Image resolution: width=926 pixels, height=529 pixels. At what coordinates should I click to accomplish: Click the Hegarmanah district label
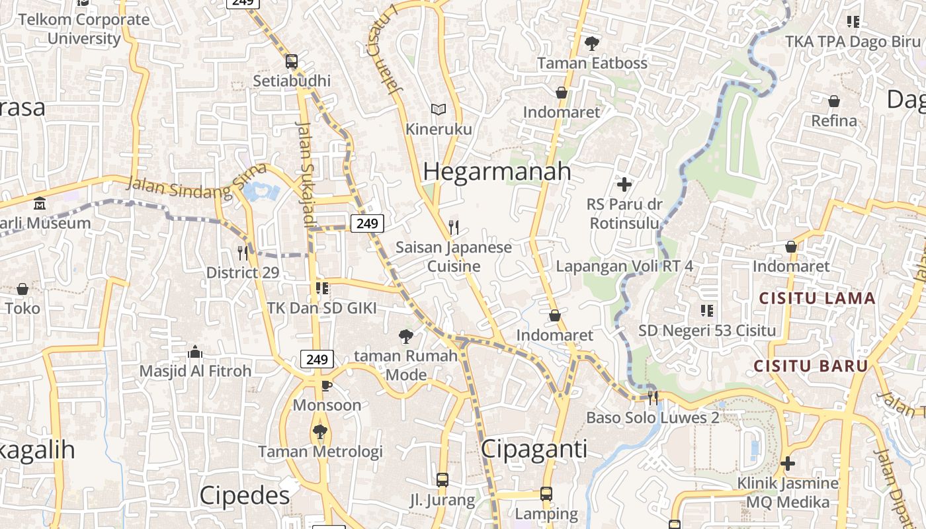pyautogui.click(x=497, y=171)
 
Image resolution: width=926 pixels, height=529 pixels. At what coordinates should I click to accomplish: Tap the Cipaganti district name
pyautogui.click(x=534, y=449)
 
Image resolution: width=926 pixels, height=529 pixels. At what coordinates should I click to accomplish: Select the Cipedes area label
pyautogui.click(x=245, y=495)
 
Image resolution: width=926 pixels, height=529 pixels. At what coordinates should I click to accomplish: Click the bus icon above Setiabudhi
pyautogui.click(x=292, y=61)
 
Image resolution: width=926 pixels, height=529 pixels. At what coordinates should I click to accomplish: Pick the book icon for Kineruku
pyautogui.click(x=438, y=109)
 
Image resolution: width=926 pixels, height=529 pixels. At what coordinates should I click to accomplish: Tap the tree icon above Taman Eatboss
pyautogui.click(x=592, y=44)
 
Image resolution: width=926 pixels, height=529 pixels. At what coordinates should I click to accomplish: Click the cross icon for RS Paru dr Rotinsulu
pyautogui.click(x=624, y=184)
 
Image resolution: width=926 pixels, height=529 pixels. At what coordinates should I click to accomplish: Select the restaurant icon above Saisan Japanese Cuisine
pyautogui.click(x=453, y=227)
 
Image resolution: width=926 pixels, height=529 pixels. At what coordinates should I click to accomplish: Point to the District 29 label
pyautogui.click(x=242, y=272)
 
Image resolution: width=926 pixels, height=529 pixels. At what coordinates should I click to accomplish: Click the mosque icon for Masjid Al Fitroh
pyautogui.click(x=195, y=351)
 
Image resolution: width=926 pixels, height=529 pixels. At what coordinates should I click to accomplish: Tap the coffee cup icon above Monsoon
pyautogui.click(x=326, y=386)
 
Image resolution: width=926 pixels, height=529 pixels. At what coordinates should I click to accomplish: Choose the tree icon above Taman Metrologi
pyautogui.click(x=320, y=432)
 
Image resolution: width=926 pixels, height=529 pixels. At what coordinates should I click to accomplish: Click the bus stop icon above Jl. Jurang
pyautogui.click(x=442, y=480)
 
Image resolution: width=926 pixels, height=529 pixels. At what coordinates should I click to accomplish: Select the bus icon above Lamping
pyautogui.click(x=546, y=493)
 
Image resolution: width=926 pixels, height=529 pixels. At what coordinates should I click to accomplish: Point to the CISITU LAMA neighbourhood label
pyautogui.click(x=817, y=298)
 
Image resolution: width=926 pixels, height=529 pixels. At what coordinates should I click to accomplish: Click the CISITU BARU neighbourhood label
pyautogui.click(x=811, y=366)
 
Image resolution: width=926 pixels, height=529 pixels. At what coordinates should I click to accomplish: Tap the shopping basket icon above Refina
pyautogui.click(x=834, y=101)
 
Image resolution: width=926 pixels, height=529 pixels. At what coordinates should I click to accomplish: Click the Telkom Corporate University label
pyautogui.click(x=84, y=28)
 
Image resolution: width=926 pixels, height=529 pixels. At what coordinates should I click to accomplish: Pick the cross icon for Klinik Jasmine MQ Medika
pyautogui.click(x=787, y=464)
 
